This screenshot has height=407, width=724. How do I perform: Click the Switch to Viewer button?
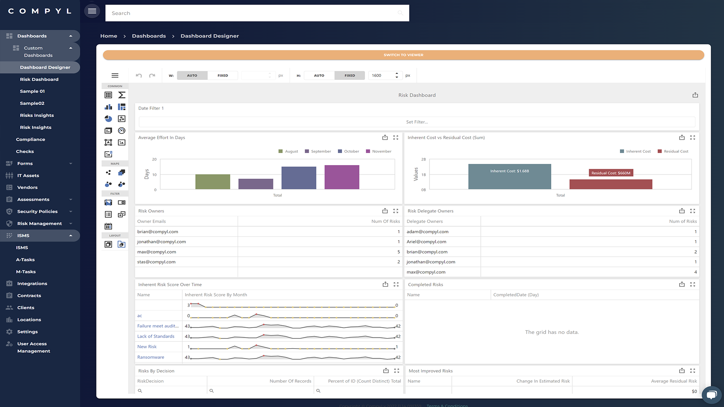click(x=403, y=55)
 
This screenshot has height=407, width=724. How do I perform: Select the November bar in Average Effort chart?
click(x=342, y=177)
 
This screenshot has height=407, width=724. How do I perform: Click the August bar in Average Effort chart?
click(x=213, y=182)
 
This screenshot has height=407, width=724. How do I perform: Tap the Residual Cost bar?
click(x=610, y=184)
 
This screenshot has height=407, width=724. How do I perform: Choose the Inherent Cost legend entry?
click(x=635, y=151)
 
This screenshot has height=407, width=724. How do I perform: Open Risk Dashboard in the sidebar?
click(x=39, y=80)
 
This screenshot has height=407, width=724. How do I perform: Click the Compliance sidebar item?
click(x=31, y=139)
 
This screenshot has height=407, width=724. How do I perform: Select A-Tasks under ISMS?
click(x=25, y=260)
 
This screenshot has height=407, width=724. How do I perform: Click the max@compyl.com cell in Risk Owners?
click(x=156, y=252)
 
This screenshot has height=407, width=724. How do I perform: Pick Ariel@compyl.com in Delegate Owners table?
click(x=426, y=242)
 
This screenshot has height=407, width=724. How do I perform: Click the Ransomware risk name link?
click(x=150, y=357)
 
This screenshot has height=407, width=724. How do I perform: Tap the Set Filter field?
click(x=417, y=122)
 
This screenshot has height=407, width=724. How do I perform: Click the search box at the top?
click(x=253, y=13)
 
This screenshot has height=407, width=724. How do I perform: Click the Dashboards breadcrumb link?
click(x=149, y=36)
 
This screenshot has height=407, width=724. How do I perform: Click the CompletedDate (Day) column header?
click(x=515, y=295)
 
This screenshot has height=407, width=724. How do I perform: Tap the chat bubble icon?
click(x=711, y=395)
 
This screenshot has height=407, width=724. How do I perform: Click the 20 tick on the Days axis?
click(x=154, y=159)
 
